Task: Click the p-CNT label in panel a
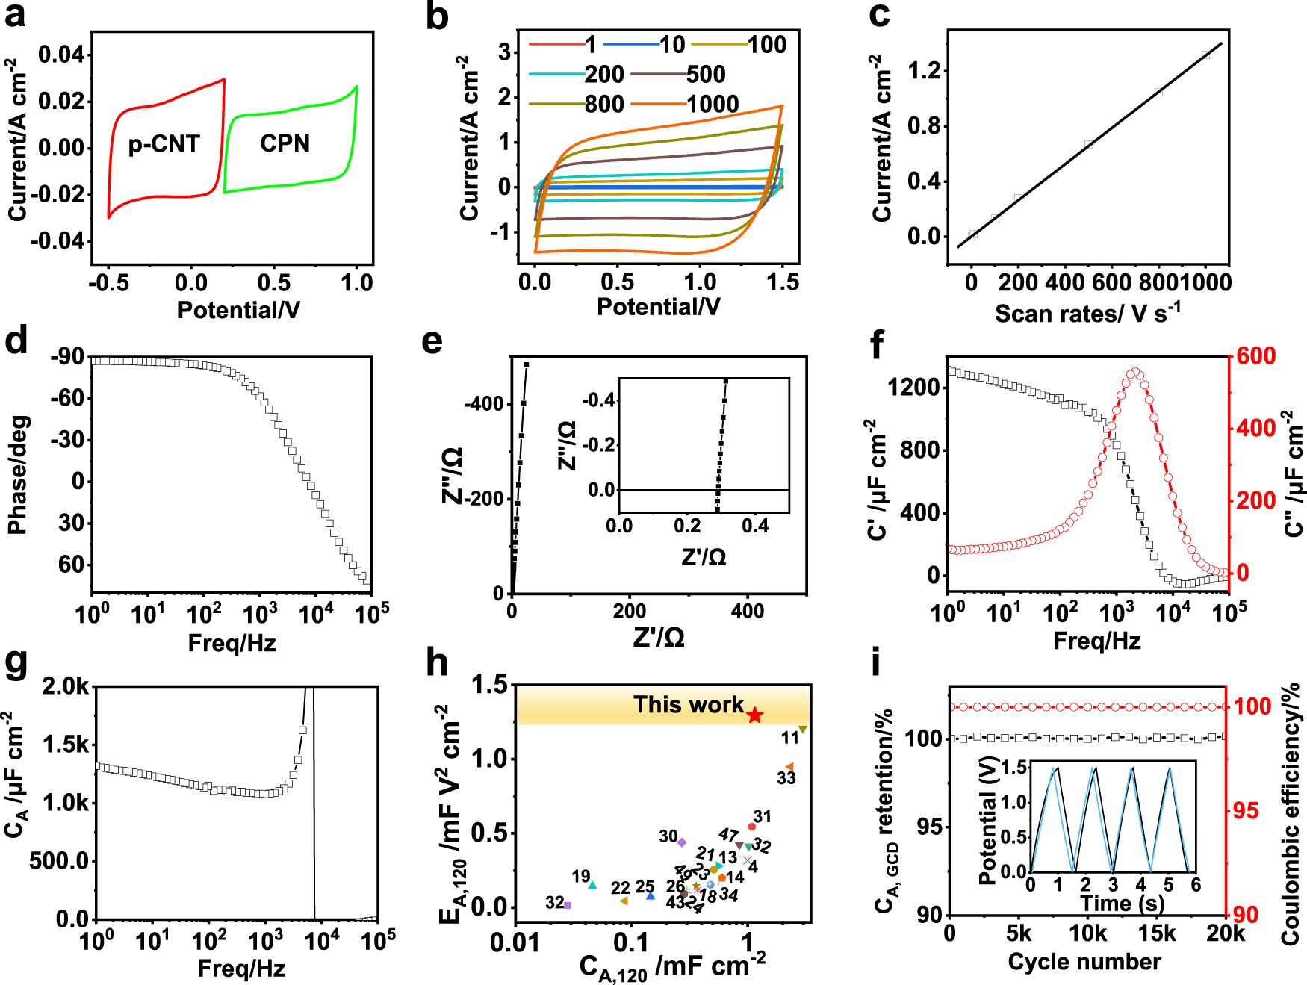pos(164,143)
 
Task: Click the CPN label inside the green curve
pos(285,143)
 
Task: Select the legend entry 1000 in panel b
pos(713,104)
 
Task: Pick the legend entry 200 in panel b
pos(603,74)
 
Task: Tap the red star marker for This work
pos(755,715)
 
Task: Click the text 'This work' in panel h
pos(688,704)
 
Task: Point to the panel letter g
pos(16,662)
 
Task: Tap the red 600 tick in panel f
pos(1255,356)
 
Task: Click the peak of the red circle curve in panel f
pos(1134,371)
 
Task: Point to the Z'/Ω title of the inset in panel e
pos(703,557)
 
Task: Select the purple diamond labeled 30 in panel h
pos(681,842)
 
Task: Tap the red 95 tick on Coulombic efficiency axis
pos(1245,811)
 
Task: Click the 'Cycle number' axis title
pos(1084,961)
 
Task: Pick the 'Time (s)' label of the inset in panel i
pos(1122,903)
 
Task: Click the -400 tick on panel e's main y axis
pos(484,405)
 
